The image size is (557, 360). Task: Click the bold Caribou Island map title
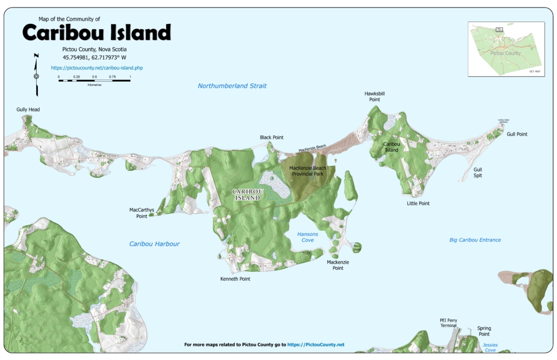click(x=96, y=34)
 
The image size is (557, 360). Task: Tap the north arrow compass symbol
click(x=36, y=75)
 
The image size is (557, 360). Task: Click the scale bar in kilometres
click(x=94, y=78)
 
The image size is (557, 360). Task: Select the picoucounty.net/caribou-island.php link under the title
click(x=97, y=68)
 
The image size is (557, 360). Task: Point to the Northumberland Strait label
click(x=232, y=86)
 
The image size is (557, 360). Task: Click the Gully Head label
click(x=28, y=110)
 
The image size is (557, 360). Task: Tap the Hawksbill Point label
click(x=375, y=96)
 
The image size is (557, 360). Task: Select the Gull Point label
click(x=517, y=134)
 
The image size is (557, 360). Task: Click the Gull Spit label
click(x=478, y=172)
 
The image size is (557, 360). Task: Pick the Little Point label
click(x=418, y=204)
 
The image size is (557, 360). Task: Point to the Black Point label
click(x=271, y=138)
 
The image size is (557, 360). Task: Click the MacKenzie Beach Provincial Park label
click(x=308, y=171)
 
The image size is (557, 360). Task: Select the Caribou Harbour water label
click(x=154, y=244)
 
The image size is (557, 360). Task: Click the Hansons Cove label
click(x=308, y=237)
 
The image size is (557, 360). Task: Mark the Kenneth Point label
click(x=235, y=279)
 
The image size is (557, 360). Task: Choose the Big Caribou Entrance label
click(x=475, y=240)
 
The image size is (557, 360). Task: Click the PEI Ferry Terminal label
click(x=448, y=323)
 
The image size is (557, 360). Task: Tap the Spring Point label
click(x=484, y=331)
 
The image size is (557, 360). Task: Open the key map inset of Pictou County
click(x=506, y=49)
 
